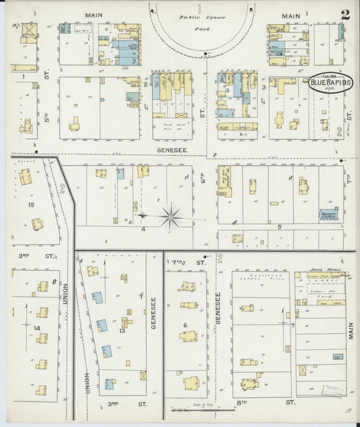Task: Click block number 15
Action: [x=31, y=204]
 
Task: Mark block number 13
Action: [x=123, y=330]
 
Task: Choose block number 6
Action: [x=184, y=325]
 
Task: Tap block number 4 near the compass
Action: [x=143, y=229]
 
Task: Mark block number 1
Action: [x=24, y=77]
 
